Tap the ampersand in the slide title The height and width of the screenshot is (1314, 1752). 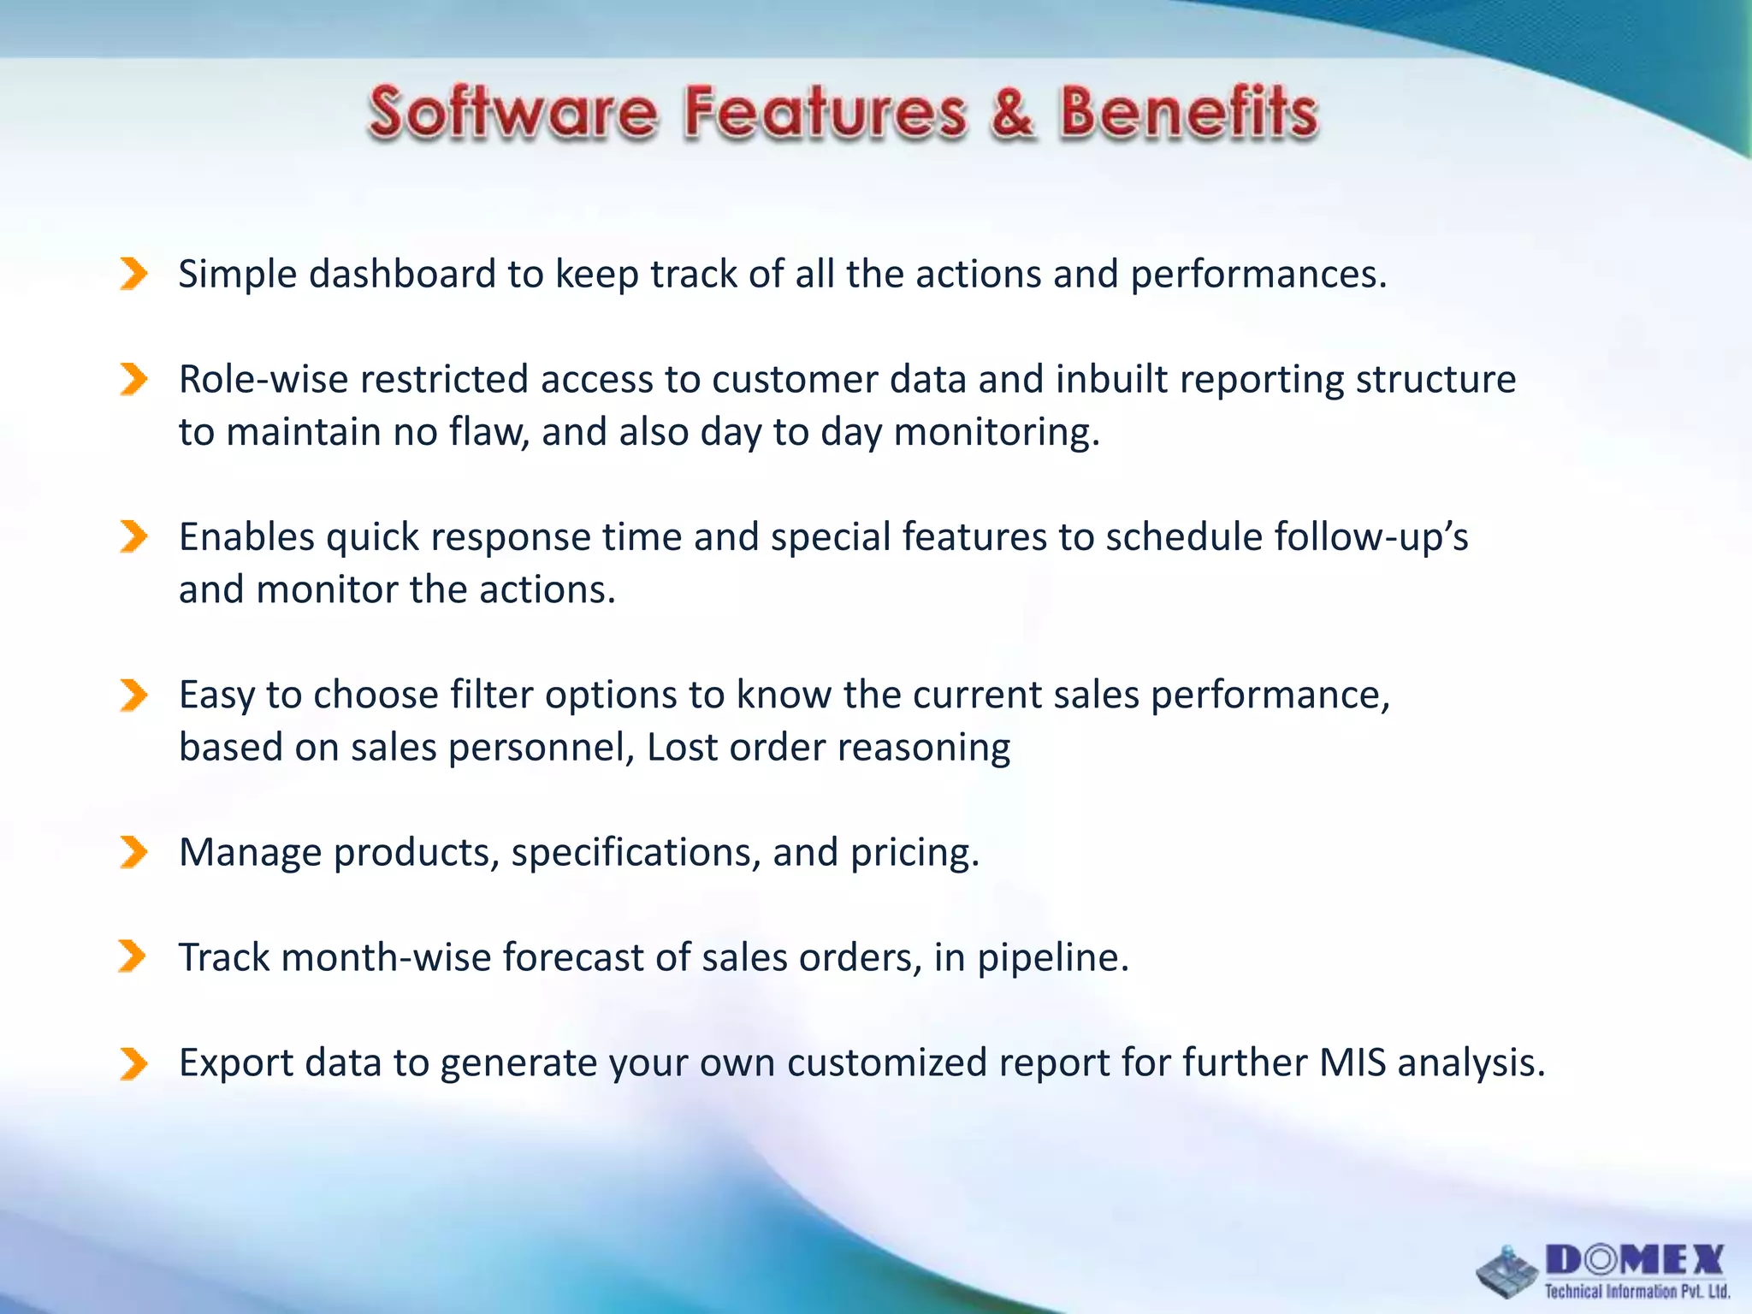tap(1012, 113)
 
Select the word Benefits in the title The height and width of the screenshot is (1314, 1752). tap(1189, 113)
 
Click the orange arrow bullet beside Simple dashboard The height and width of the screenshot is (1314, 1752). tap(133, 274)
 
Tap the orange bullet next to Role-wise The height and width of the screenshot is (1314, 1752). tap(133, 379)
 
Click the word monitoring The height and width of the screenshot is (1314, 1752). tap(996, 432)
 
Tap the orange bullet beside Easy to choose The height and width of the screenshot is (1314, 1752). tap(133, 695)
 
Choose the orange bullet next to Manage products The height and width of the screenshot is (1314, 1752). tap(133, 852)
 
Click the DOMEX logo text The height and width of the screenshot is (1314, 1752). tap(1635, 1260)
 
